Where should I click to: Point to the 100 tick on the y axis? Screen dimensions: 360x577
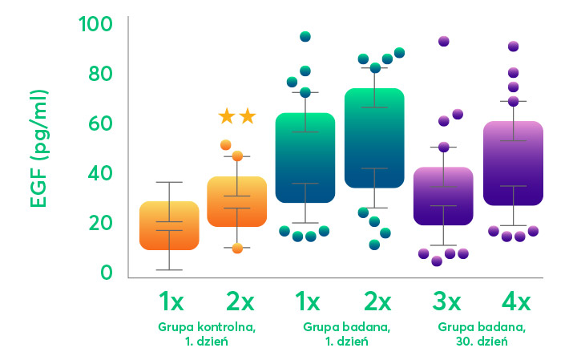click(x=95, y=24)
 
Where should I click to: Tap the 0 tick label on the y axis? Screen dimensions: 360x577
click(x=106, y=273)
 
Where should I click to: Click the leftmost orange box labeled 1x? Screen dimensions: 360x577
click(x=169, y=225)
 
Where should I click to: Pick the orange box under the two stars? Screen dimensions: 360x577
click(x=237, y=201)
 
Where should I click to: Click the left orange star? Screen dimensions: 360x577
click(x=227, y=117)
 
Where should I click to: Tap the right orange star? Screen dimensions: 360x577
click(x=248, y=117)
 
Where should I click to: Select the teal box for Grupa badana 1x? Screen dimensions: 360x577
click(x=305, y=158)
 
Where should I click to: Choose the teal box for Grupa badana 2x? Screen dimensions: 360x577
click(x=374, y=138)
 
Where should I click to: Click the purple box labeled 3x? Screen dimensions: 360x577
click(x=443, y=196)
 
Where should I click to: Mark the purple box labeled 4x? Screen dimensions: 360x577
click(x=513, y=164)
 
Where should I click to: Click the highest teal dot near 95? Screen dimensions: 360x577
click(x=305, y=37)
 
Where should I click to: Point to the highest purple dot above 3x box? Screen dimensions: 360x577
click(x=443, y=42)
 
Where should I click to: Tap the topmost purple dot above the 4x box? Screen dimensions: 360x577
click(x=513, y=47)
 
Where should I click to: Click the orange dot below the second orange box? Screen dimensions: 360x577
click(x=237, y=249)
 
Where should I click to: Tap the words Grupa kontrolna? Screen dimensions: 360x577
click(x=206, y=327)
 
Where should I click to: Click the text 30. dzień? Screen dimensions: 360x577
click(x=482, y=342)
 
